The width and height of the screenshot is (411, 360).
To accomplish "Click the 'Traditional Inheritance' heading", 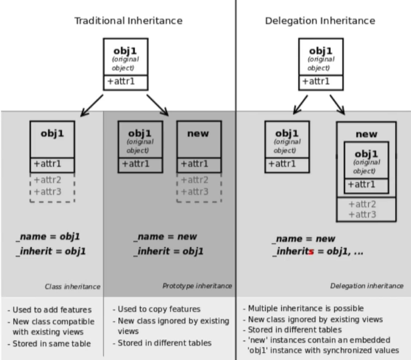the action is click(128, 21).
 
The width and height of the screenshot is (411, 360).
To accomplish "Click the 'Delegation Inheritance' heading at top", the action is click(320, 21).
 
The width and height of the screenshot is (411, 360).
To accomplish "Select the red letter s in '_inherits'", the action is click(311, 252).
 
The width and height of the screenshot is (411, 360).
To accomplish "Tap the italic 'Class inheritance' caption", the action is click(73, 287).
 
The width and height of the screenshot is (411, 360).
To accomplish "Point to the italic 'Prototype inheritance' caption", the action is click(197, 286).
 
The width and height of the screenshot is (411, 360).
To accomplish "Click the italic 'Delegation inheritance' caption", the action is click(367, 286).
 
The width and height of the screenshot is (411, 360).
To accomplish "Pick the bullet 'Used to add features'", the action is click(52, 310).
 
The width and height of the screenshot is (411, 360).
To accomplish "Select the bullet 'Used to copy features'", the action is click(159, 309).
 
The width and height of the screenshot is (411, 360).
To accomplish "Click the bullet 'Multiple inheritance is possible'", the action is click(306, 309).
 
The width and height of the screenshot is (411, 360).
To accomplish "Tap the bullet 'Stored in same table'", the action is click(51, 344).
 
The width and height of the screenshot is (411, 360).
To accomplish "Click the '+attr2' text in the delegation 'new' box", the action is click(362, 204).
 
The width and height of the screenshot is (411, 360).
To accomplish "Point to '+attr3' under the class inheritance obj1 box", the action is click(47, 192).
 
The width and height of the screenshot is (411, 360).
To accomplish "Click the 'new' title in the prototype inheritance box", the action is click(198, 134).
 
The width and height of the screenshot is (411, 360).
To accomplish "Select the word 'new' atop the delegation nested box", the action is click(366, 134).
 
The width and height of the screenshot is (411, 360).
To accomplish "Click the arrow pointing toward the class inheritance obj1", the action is click(92, 106).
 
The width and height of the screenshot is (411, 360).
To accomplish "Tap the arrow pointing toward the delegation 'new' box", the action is click(338, 105).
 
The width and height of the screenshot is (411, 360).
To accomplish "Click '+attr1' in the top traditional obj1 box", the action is click(121, 81).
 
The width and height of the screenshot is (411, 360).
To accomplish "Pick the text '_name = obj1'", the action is click(48, 236).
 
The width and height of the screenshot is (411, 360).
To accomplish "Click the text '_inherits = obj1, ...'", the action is click(318, 252).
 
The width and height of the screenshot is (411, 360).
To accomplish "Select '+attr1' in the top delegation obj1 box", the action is click(316, 81).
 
